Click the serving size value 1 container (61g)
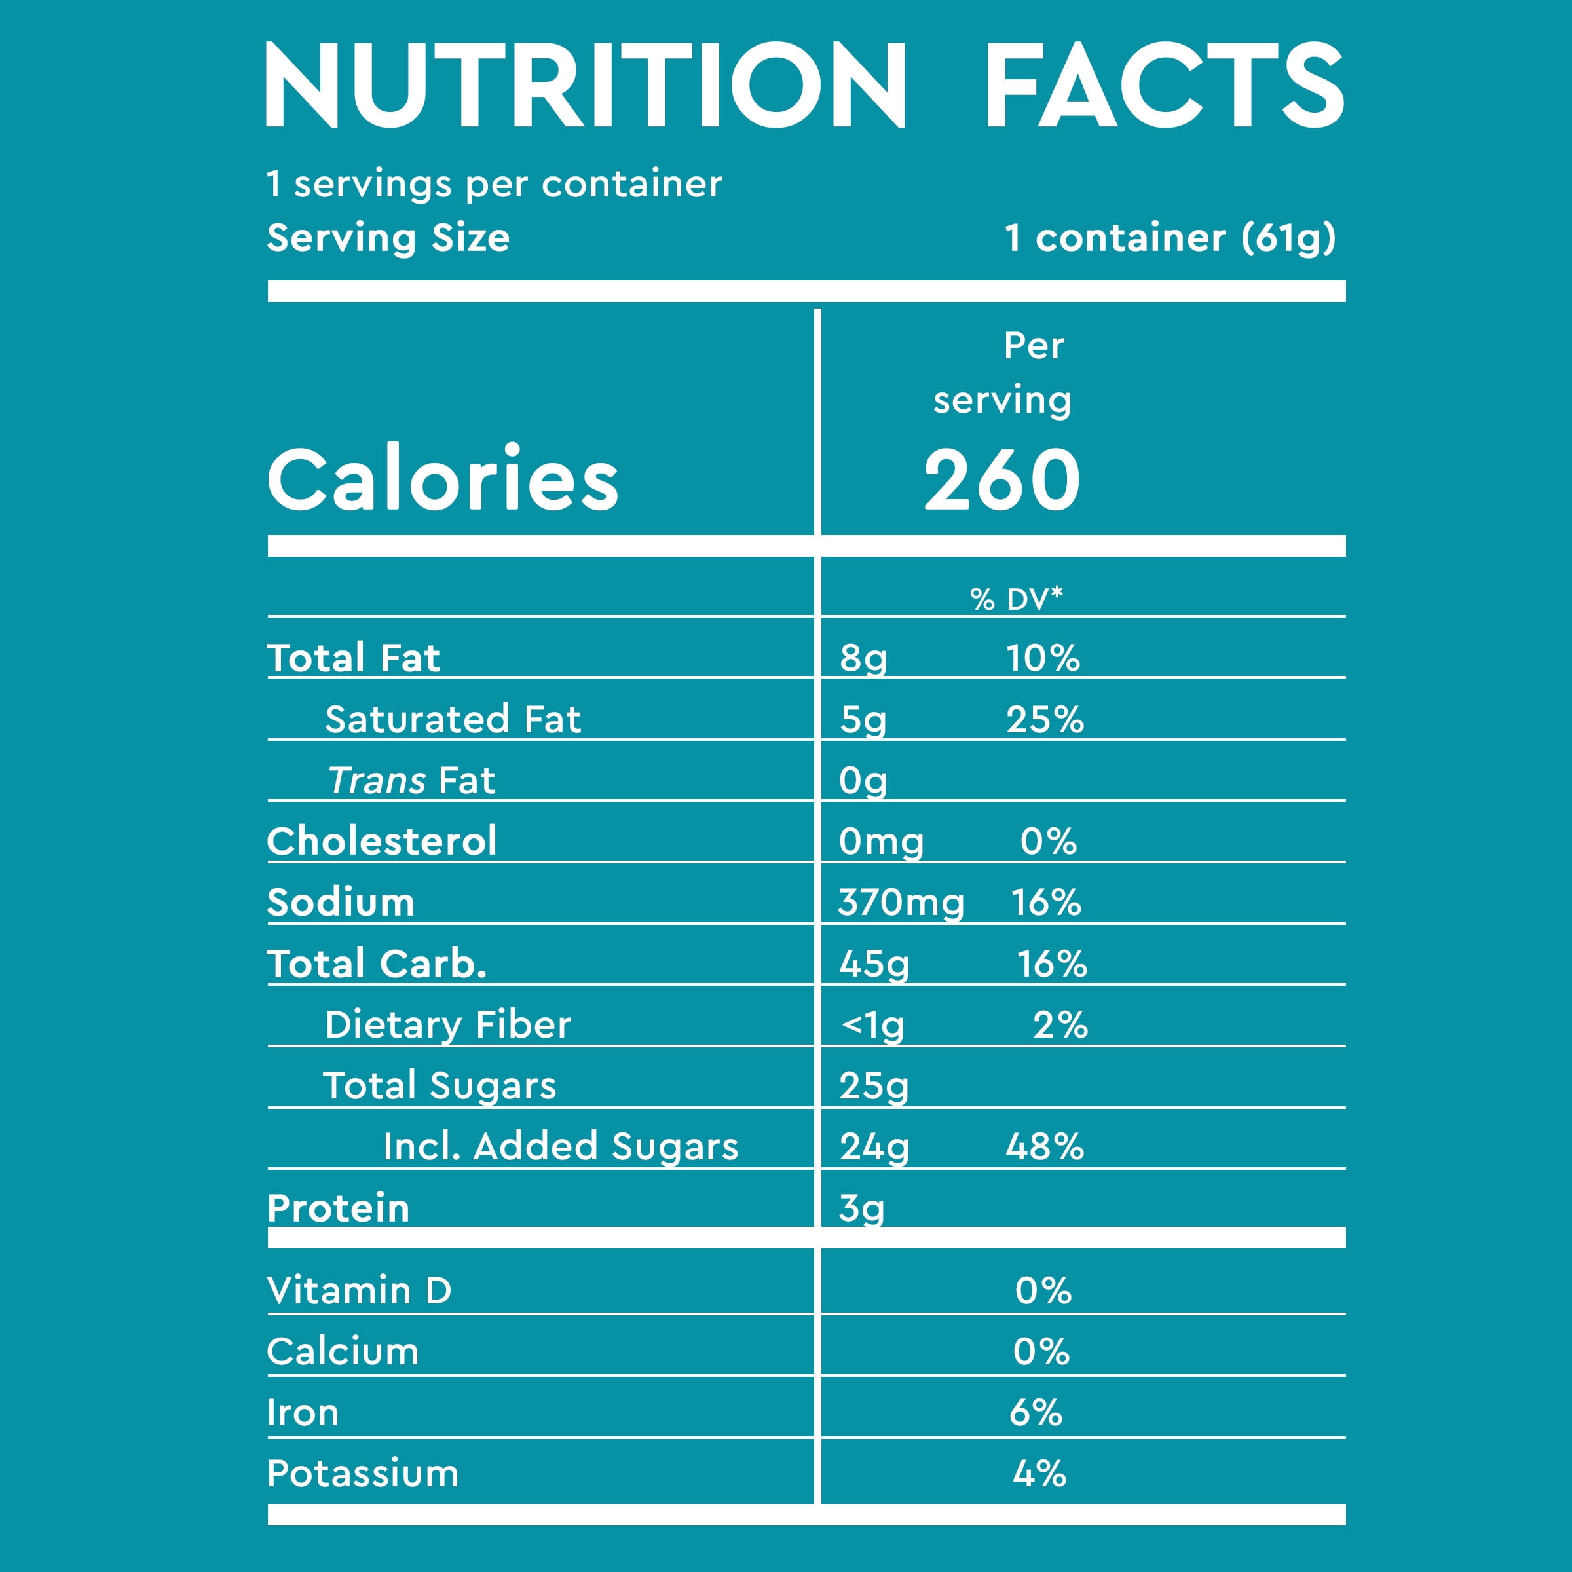pos(1170,238)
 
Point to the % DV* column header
pos(1017,599)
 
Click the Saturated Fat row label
pos(453,719)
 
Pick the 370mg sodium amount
pos(901,903)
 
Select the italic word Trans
pos(377,780)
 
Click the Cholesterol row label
pos(382,841)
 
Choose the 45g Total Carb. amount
pos(874,964)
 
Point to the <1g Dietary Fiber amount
pos(872,1025)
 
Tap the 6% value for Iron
pos(1036,1413)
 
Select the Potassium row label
pos(363,1474)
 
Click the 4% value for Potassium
pos(1039,1474)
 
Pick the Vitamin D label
pos(359,1291)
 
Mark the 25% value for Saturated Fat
pos(1045,720)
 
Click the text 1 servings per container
pos(494,184)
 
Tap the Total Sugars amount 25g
pos(874,1086)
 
